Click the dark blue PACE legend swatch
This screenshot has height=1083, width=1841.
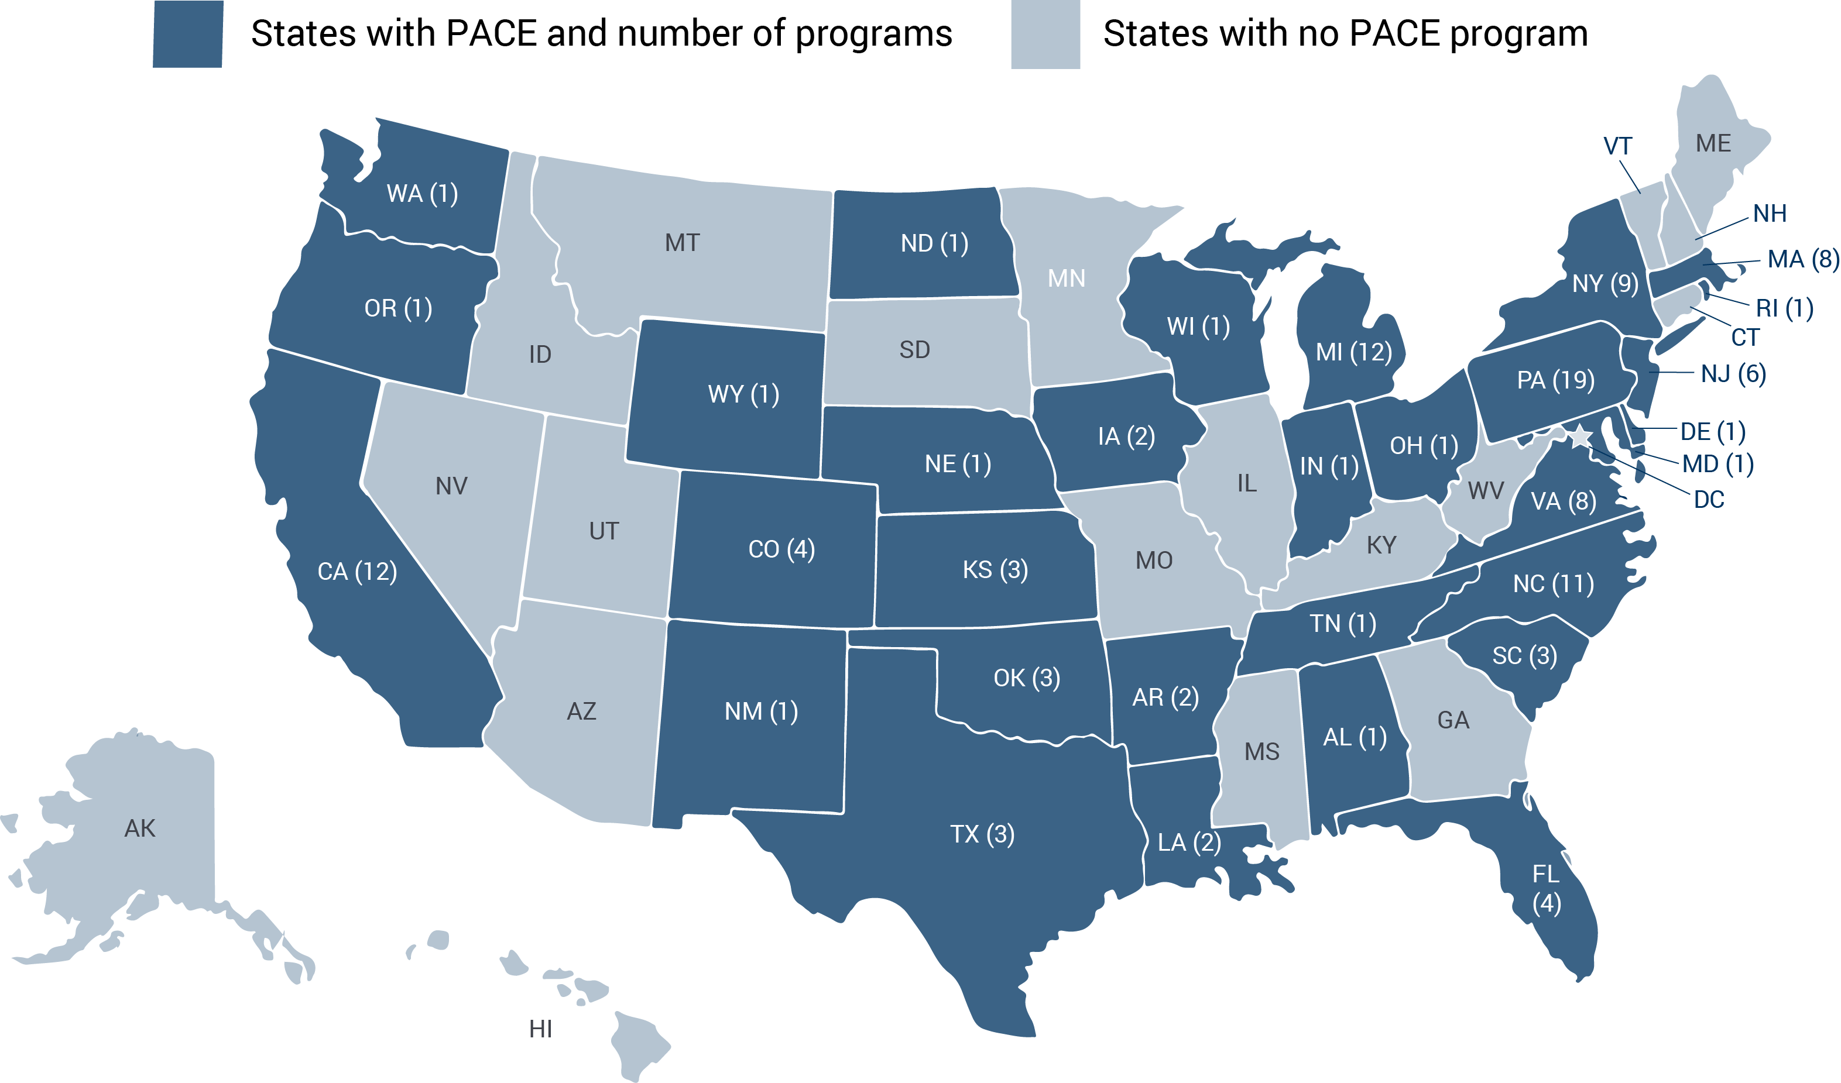pos(188,35)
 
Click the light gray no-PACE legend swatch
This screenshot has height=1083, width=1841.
pos(1045,35)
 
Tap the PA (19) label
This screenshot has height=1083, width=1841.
pos(1555,380)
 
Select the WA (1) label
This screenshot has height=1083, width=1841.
pos(422,194)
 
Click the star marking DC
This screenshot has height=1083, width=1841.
pos(1580,436)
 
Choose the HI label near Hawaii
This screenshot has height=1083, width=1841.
pos(541,1029)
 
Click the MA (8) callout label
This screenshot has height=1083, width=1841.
pos(1802,259)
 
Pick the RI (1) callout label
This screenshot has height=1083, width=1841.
pos(1785,308)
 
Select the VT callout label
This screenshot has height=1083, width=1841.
pos(1617,146)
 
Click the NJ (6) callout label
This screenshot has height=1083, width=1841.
pos(1733,374)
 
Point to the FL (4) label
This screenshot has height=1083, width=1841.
pos(1546,889)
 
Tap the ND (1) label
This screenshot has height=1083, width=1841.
pos(934,243)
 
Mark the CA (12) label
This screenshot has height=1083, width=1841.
pos(357,571)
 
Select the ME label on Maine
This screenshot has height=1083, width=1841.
pos(1713,143)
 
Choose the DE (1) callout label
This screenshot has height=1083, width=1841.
pos(1713,432)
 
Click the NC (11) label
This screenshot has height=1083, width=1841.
pos(1553,583)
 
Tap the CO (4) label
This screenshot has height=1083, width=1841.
pos(781,549)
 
